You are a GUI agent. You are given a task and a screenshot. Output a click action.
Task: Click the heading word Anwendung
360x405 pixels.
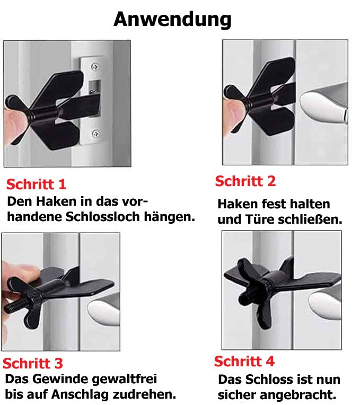(x=172, y=19)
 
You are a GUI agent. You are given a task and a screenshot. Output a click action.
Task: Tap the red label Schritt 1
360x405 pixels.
(x=36, y=184)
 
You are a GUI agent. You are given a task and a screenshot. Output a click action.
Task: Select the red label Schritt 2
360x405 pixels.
(x=245, y=181)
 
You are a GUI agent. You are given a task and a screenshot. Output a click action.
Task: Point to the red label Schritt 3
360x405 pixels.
(x=33, y=364)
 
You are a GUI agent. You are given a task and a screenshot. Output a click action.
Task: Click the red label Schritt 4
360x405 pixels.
(x=244, y=362)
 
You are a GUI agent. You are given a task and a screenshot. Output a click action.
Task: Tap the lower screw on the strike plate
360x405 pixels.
(x=95, y=134)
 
